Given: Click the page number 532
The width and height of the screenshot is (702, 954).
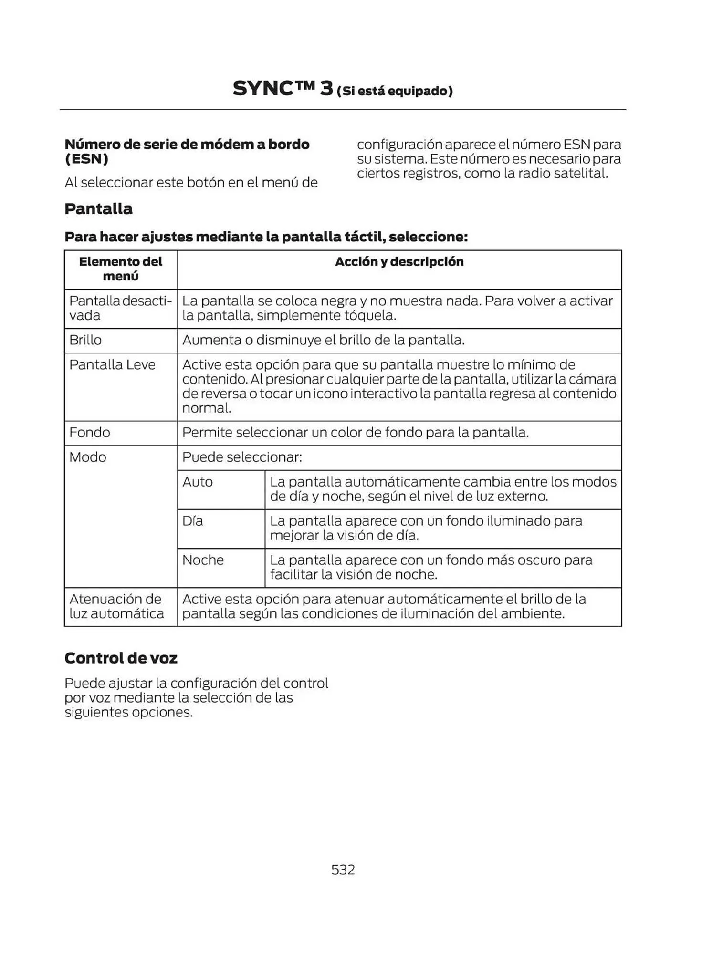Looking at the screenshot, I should point(343,870).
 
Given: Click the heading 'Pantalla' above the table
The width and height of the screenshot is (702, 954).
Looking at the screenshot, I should point(98,209).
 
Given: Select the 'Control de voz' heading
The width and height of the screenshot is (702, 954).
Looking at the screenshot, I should point(121,658).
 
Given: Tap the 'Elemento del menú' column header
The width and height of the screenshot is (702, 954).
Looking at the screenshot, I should point(120,269).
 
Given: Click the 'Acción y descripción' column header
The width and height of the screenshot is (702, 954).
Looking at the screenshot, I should point(399,261).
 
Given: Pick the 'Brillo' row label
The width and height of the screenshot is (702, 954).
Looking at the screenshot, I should point(85,340).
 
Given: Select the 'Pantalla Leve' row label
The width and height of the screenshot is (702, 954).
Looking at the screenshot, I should point(112,365).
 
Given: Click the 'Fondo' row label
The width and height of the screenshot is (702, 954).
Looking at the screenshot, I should point(90,433).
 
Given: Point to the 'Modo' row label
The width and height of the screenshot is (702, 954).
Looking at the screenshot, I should point(88,457).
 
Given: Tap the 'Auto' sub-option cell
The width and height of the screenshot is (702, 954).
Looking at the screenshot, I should point(198,482).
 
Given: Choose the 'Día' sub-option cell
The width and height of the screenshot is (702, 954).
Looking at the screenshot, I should point(192,521).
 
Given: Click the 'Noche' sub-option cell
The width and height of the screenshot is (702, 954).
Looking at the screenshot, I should point(203,560).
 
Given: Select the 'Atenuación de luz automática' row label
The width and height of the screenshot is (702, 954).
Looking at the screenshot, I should point(116,606).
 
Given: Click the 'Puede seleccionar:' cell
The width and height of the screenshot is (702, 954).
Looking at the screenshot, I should point(242,457).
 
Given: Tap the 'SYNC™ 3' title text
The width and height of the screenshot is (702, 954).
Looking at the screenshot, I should point(283,89).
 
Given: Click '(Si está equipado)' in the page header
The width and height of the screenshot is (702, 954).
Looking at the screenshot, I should point(394,91).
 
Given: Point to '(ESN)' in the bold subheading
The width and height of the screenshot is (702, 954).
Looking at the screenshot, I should point(86,159).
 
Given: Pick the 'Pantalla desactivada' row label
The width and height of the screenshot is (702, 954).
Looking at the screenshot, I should point(120,308).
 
